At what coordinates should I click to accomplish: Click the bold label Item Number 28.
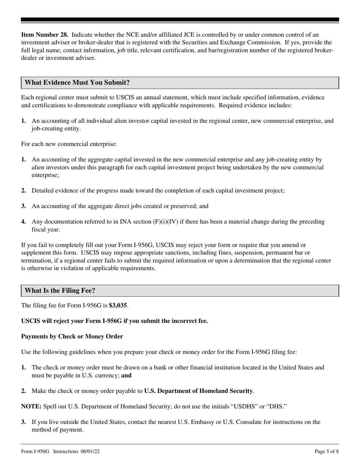[45, 35]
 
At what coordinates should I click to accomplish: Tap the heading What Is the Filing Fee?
[60, 291]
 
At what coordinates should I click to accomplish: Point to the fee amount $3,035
[118, 305]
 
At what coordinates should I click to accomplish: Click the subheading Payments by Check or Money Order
[72, 336]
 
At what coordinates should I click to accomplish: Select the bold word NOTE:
[31, 406]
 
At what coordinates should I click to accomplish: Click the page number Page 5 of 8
[327, 451]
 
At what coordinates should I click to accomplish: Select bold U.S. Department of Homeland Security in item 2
[199, 391]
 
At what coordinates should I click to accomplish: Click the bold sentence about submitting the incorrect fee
[114, 321]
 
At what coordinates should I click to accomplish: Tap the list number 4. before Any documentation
[24, 222]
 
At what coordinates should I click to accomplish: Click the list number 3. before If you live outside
[24, 422]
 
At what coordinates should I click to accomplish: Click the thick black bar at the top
[180, 20]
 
